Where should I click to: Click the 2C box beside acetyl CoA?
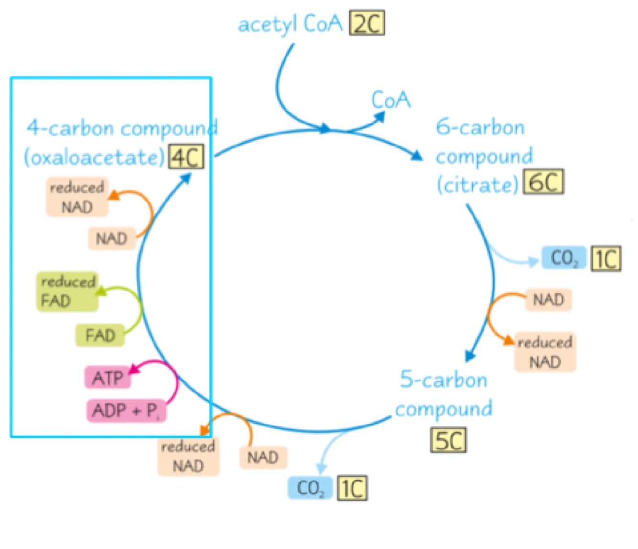click(367, 23)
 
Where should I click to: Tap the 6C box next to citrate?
click(544, 182)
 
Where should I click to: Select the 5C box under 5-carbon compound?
click(449, 440)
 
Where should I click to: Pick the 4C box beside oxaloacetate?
click(186, 157)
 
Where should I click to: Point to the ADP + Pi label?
click(126, 411)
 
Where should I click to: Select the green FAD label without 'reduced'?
click(100, 335)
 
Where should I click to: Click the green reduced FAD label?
click(67, 291)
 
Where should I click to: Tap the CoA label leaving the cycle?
click(391, 100)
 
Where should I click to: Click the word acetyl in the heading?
click(267, 24)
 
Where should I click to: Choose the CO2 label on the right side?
click(564, 258)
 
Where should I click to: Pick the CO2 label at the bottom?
click(310, 488)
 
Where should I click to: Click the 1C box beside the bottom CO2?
click(352, 488)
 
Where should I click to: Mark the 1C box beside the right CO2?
click(606, 259)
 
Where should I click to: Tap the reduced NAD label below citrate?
click(545, 352)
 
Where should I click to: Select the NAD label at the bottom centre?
click(263, 458)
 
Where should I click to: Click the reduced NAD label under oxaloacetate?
click(77, 197)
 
